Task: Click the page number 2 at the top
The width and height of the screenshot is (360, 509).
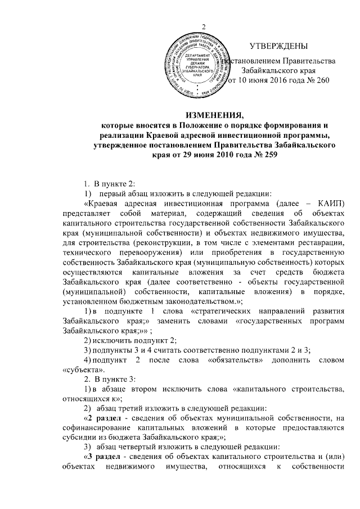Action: [x=204, y=29]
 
